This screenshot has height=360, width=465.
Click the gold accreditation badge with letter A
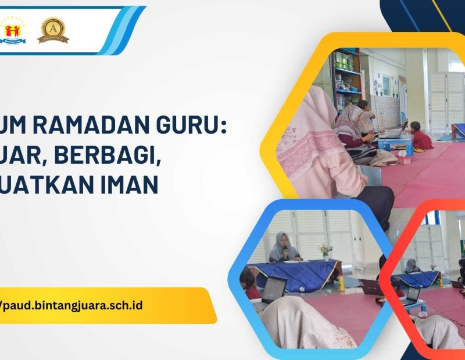click(53, 30)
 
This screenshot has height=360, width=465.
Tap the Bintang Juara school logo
click(13, 30)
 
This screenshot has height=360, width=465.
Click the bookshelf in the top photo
click(347, 81)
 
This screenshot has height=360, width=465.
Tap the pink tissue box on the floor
click(403, 159)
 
